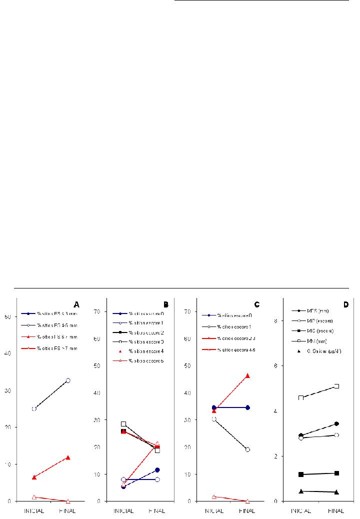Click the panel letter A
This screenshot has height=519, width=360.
pos(76,303)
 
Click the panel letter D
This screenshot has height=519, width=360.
pos(346,304)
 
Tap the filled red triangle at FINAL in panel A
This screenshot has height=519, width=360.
pos(68,457)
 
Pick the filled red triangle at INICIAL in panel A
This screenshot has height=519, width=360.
pos(34,477)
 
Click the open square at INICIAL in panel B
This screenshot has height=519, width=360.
pos(123,424)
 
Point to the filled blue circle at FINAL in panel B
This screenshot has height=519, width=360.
pos(157,470)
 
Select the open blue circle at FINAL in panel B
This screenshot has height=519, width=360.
pos(157,479)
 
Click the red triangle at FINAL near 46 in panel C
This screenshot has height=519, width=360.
pos(247,375)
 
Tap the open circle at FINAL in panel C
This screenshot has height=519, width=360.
pos(247,449)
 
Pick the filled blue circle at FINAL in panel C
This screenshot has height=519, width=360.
pos(247,407)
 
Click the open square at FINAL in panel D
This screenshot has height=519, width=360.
pos(336,386)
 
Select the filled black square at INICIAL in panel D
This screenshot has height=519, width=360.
pos(301,474)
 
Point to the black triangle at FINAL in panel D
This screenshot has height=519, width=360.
pos(336,492)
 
